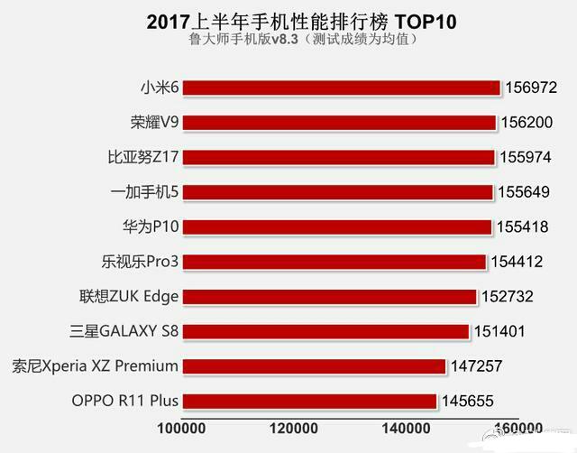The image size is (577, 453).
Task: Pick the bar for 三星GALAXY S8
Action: pyautogui.click(x=325, y=331)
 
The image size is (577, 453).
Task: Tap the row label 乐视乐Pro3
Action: pyautogui.click(x=141, y=262)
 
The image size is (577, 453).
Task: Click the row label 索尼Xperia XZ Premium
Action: pyautogui.click(x=96, y=366)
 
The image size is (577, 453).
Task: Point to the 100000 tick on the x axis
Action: pyautogui.click(x=183, y=428)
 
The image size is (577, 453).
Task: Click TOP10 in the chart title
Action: pyautogui.click(x=396, y=21)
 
